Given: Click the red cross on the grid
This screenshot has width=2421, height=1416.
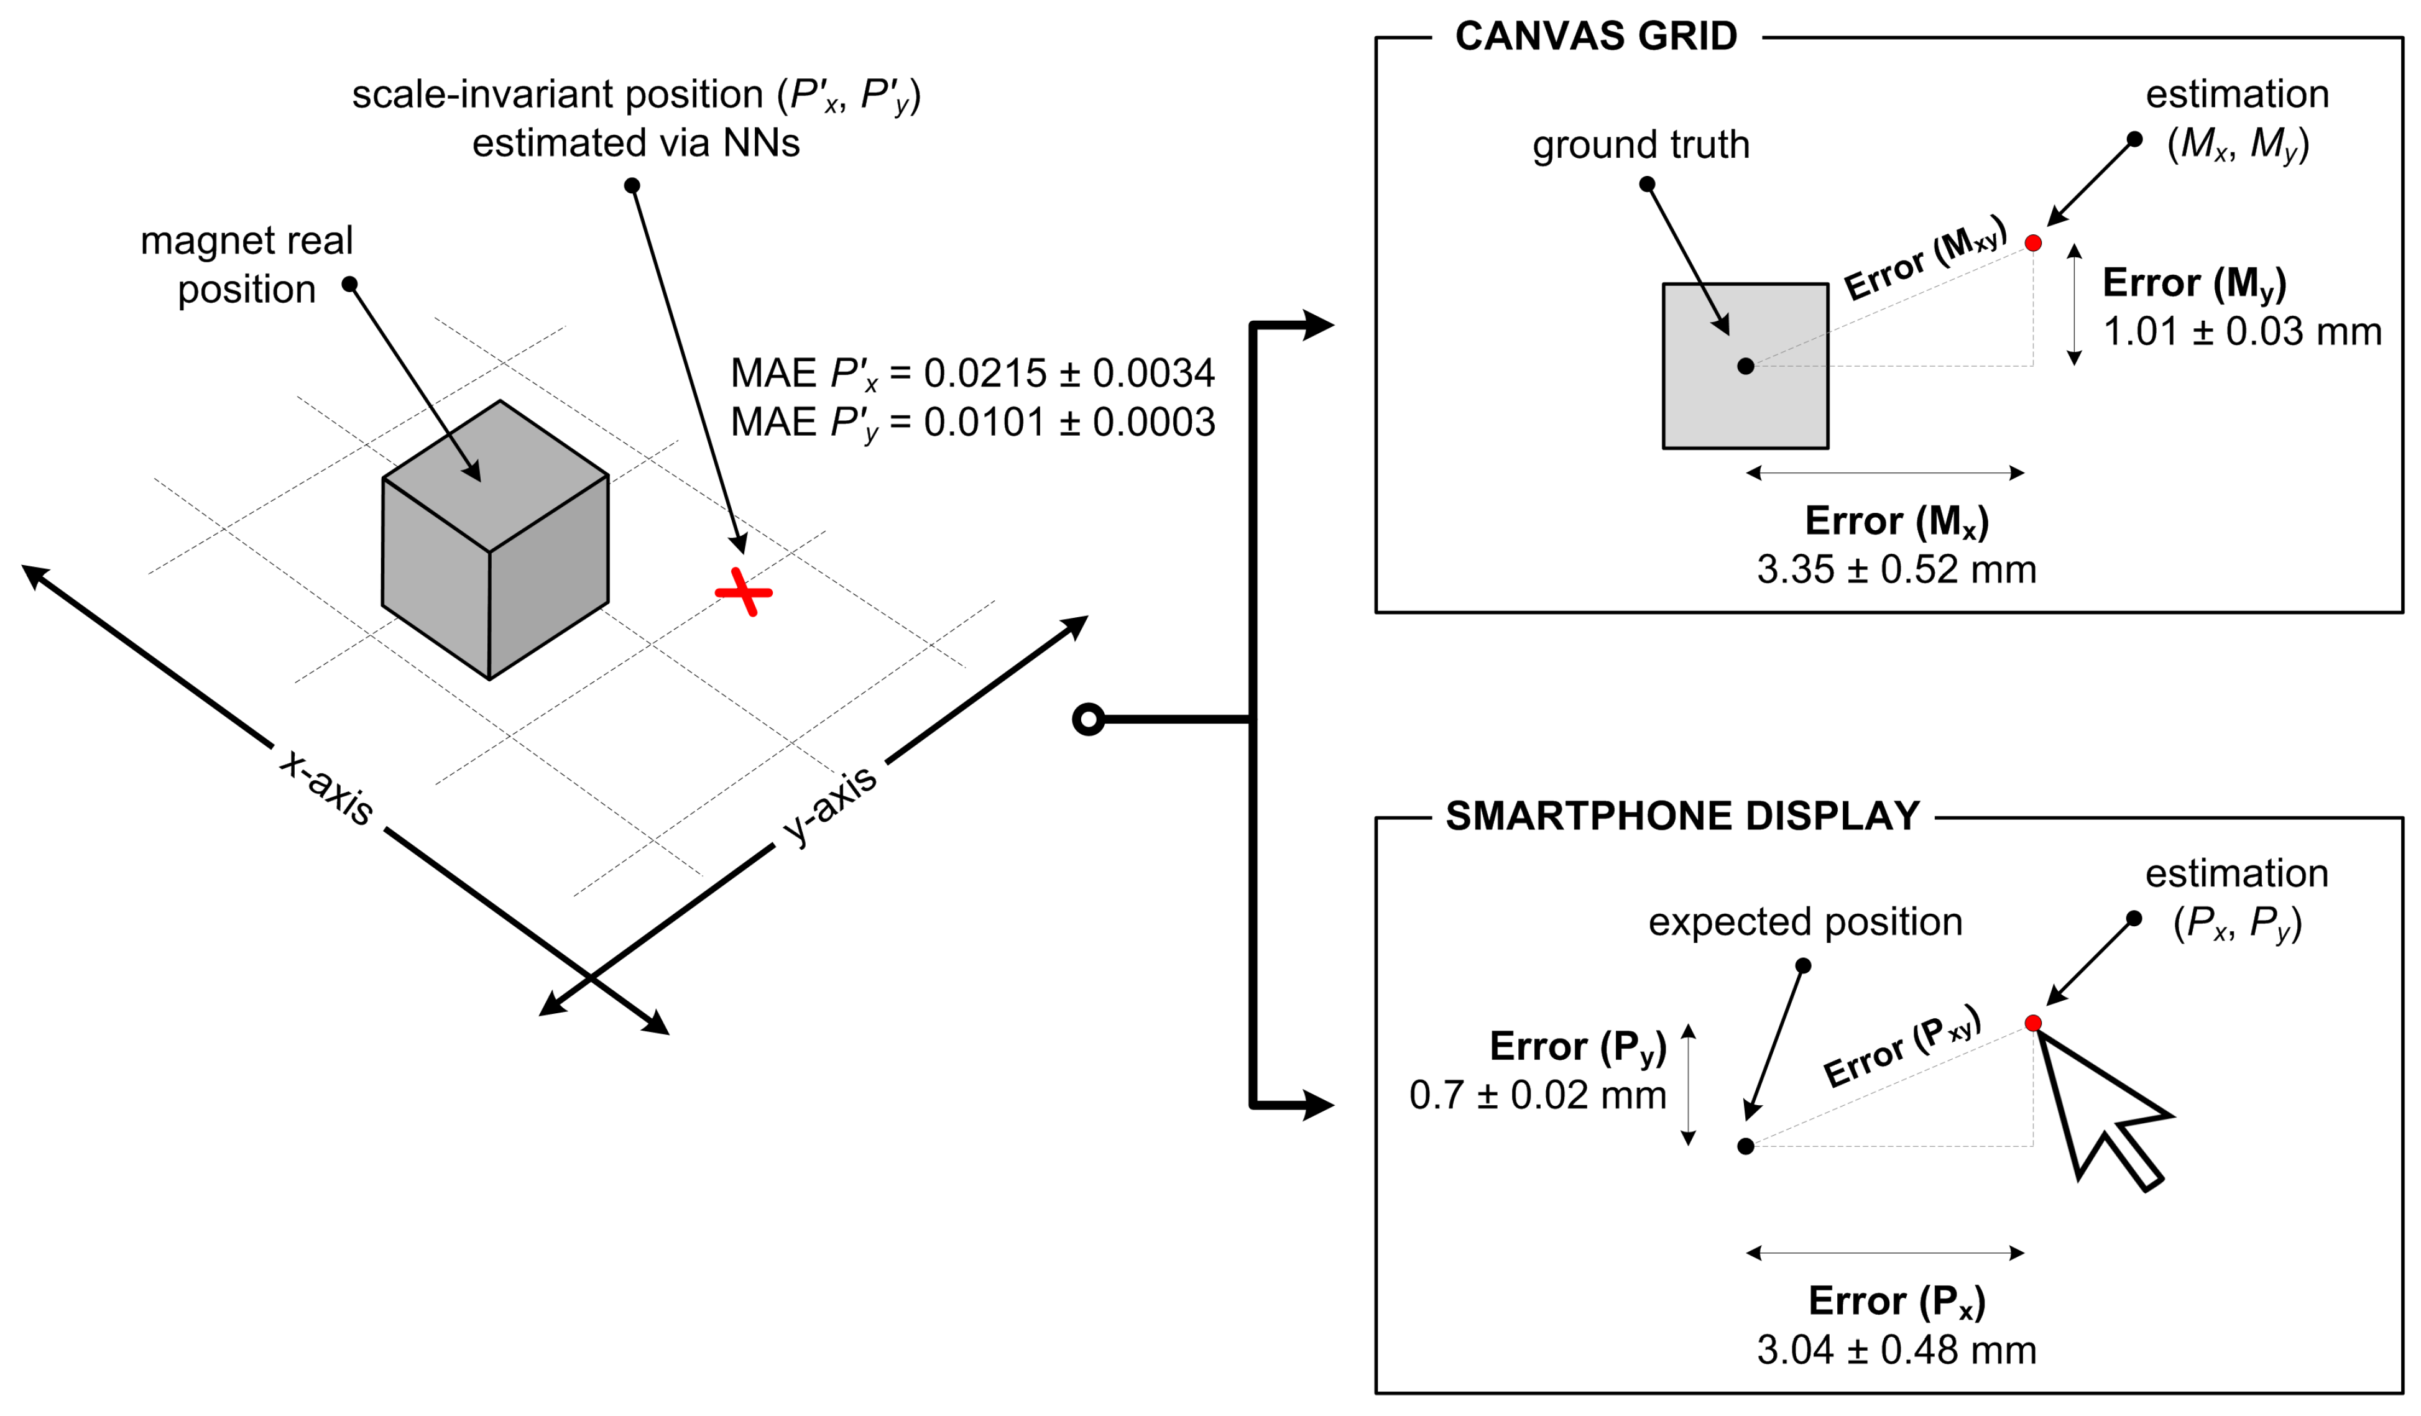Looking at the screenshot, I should (744, 593).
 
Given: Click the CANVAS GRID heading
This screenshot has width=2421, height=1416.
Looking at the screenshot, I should (1596, 37).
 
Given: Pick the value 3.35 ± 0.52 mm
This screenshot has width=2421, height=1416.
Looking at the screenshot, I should (1896, 569).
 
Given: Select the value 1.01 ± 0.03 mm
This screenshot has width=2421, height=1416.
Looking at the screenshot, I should (2241, 331).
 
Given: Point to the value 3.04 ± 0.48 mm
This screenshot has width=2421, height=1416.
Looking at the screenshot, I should (1896, 1349).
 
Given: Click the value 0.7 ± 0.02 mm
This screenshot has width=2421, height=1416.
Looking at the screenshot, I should (1537, 1095).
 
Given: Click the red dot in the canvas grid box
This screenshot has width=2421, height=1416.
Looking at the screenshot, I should (2033, 243).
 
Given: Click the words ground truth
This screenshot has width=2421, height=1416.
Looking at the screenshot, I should (1641, 145).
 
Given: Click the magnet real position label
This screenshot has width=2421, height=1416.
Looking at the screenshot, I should (247, 264).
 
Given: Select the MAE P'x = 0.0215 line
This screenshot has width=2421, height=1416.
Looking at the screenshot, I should (972, 374).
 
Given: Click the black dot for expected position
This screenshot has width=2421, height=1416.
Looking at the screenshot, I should (1746, 1146).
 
